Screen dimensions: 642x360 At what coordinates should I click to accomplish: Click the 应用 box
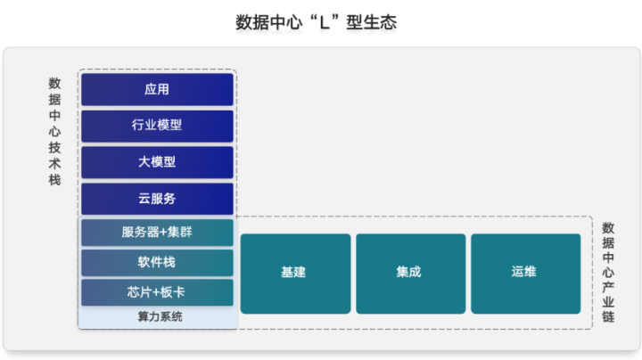157,89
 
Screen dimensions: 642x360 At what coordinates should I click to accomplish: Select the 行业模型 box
157,126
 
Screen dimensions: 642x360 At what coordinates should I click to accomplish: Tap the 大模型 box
157,162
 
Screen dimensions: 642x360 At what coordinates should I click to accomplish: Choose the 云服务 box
157,199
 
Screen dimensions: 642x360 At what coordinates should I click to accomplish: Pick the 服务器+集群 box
157,233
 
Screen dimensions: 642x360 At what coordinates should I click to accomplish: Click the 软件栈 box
157,263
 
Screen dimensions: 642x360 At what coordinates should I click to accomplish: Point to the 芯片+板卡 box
157,292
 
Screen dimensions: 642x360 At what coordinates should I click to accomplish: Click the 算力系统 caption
160,316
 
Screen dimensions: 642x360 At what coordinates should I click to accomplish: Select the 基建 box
296,274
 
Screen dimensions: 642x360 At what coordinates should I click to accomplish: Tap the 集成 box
411,274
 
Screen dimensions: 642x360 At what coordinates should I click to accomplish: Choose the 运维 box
526,274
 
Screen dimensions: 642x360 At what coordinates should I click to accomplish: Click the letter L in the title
325,23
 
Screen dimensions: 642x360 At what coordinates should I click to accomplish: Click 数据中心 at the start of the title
268,22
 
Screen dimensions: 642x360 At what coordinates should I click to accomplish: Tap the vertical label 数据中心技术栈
55,131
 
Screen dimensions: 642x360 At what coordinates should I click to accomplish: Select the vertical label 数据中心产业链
608,272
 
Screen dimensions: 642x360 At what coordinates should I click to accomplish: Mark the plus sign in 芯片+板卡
156,292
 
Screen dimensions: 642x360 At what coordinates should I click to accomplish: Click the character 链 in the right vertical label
608,316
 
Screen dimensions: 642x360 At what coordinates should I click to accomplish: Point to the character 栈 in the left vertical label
55,180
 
